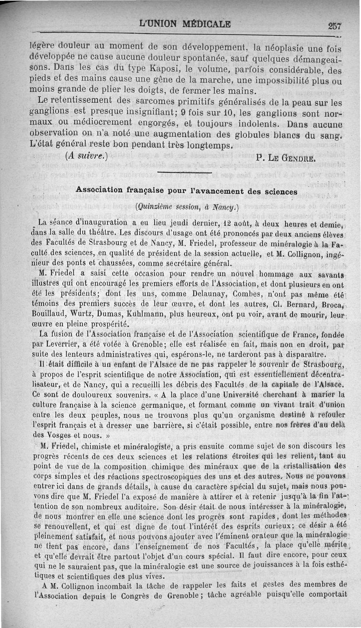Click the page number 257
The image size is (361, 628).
tap(335, 26)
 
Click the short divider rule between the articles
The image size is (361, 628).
tap(185, 173)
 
